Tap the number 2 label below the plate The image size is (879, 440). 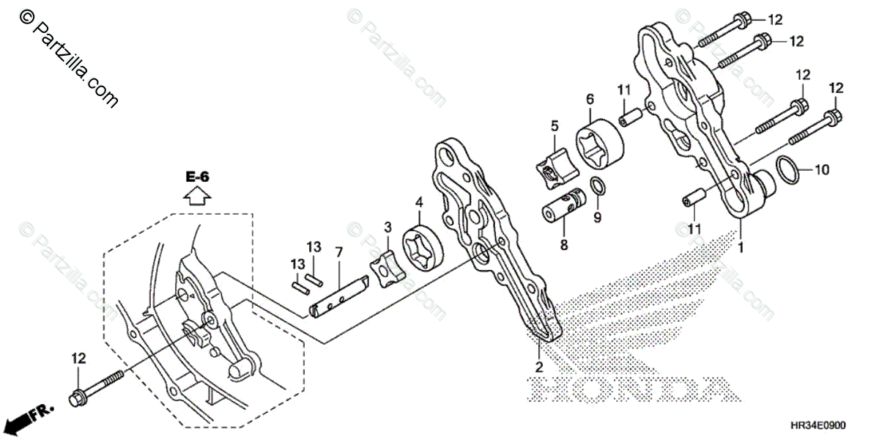coord(538,366)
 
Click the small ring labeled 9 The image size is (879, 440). coord(597,186)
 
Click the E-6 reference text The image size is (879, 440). coord(197,177)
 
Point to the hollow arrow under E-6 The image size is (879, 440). coord(197,195)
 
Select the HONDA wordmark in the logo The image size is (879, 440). coord(630,389)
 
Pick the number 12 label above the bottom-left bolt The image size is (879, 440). coord(78,358)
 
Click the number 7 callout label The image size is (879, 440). coord(339,252)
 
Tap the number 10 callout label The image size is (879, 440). coord(822,171)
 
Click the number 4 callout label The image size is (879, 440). coord(419,201)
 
